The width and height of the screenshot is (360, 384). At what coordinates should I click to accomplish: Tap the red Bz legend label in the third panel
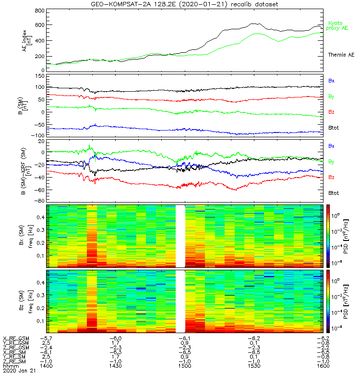pyautogui.click(x=332, y=178)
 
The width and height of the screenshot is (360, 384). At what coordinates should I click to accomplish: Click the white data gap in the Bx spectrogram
pyautogui.click(x=180, y=235)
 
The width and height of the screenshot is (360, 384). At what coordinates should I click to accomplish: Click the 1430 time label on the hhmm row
pyautogui.click(x=116, y=366)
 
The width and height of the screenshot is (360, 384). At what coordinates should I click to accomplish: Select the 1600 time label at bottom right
pyautogui.click(x=322, y=366)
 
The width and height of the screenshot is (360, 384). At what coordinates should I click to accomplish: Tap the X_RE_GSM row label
pyautogui.click(x=16, y=338)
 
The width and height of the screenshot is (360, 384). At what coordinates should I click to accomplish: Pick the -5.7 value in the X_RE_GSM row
pyautogui.click(x=46, y=338)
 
